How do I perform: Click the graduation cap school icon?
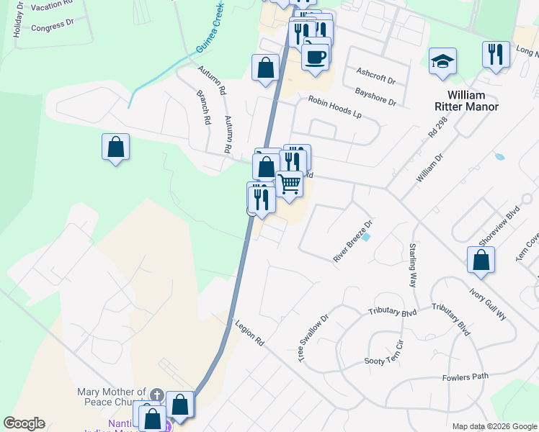click(442, 62)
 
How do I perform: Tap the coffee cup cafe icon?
click(314, 56)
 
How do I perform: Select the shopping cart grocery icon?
click(289, 184)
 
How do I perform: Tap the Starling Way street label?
click(413, 265)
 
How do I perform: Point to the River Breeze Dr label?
click(352, 242)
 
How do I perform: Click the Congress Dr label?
click(53, 27)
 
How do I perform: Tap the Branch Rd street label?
click(202, 107)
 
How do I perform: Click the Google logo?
click(24, 423)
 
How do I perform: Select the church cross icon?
click(157, 395)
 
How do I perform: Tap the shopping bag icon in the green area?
click(115, 148)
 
